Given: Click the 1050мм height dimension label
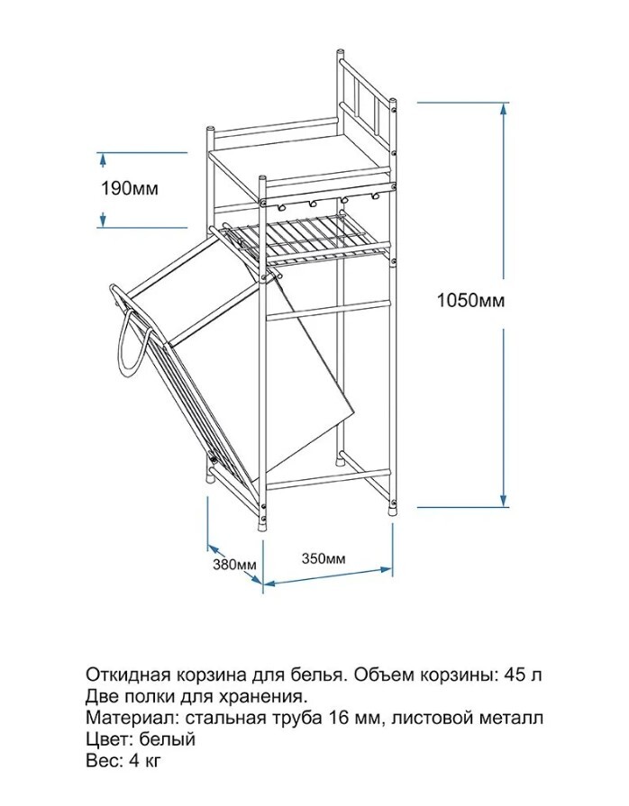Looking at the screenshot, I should [470, 301].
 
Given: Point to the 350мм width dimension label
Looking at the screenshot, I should [322, 557].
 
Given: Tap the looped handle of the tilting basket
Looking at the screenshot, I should [125, 347].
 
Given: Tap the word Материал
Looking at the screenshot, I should [124, 718].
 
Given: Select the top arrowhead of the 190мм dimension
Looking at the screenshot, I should [103, 158].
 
